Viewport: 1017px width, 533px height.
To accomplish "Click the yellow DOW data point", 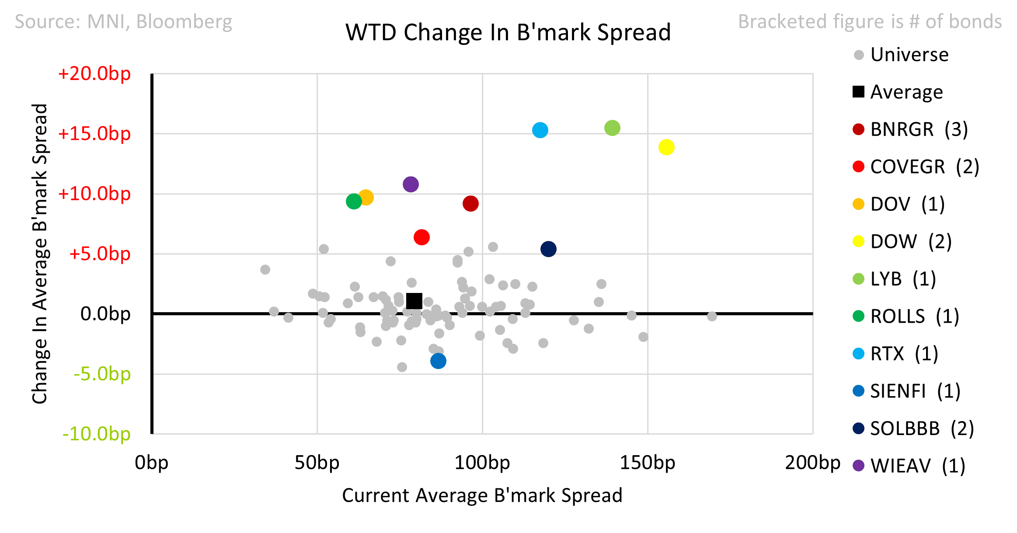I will coord(666,147).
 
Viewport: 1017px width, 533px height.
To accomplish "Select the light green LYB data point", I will coord(612,128).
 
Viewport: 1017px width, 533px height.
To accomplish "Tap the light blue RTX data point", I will coord(540,130).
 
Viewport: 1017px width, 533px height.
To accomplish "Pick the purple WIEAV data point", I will coord(411,185).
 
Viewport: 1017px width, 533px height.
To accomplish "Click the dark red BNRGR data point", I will coord(470,204).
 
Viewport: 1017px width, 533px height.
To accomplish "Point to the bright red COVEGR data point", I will coord(421,237).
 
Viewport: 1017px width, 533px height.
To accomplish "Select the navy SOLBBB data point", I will coord(548,249).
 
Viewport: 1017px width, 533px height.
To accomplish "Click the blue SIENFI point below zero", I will coord(438,361).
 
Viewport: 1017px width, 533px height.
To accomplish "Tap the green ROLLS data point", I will coord(354,202).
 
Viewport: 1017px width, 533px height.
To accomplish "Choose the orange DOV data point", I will coord(366,198).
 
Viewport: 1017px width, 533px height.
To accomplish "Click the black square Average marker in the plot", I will coord(414,301).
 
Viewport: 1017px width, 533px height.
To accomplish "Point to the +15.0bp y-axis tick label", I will coord(94,134).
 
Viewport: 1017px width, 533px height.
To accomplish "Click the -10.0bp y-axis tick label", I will coord(96,434).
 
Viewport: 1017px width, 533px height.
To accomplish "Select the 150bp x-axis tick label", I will coord(647,463).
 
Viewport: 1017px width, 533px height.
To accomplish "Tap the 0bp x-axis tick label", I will coord(151,463).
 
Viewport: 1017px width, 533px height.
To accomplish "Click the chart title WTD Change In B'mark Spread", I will coord(508,32).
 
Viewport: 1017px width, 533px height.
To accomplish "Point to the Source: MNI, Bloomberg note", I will coord(123,22).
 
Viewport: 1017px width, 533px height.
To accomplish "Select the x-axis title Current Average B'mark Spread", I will coord(482,496).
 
